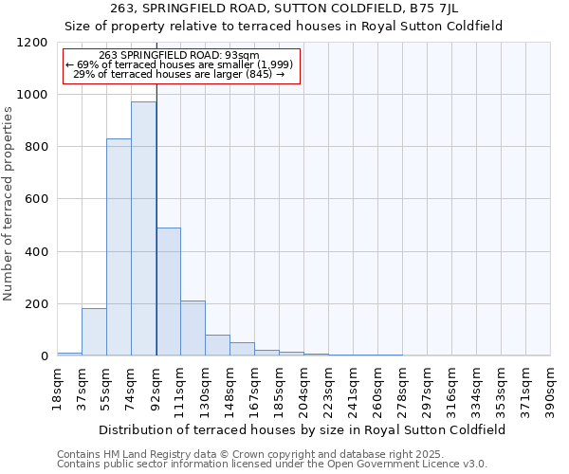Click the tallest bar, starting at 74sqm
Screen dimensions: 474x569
(x=143, y=228)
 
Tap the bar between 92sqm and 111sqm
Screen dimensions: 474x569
(x=168, y=291)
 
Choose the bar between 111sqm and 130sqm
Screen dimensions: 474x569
(x=193, y=328)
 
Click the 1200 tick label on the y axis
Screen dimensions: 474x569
(x=32, y=43)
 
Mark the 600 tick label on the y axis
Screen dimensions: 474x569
(x=36, y=199)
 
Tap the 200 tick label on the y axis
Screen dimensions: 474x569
(x=36, y=304)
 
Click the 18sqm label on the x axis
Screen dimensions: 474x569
(x=58, y=387)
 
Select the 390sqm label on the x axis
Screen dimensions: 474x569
(x=551, y=387)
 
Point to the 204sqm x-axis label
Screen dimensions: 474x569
(x=304, y=387)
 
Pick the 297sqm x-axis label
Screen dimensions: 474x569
(x=428, y=387)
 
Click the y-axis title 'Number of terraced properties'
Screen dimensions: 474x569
(x=9, y=204)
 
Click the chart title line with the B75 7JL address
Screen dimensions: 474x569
(x=284, y=9)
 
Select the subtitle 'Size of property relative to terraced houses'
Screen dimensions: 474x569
(x=284, y=26)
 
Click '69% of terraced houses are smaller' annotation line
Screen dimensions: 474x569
(x=180, y=64)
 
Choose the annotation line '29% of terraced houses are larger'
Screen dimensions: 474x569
(x=178, y=74)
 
